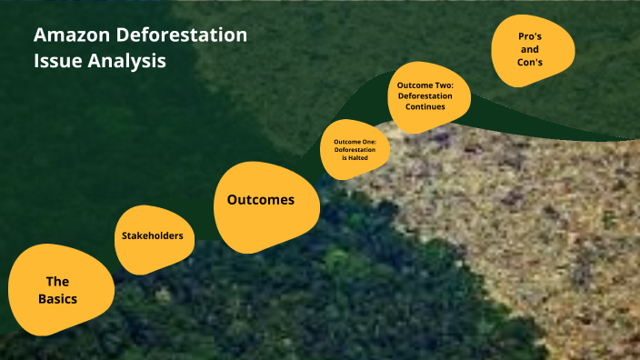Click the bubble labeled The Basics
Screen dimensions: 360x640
point(59,289)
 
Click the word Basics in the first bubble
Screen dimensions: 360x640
point(58,298)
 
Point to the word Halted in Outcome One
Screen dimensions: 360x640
point(356,158)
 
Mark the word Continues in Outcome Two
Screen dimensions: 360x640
point(425,106)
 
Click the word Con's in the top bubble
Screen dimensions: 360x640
point(531,63)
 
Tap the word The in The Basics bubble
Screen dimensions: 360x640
point(58,282)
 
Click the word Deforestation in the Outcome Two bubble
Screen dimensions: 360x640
point(425,95)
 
